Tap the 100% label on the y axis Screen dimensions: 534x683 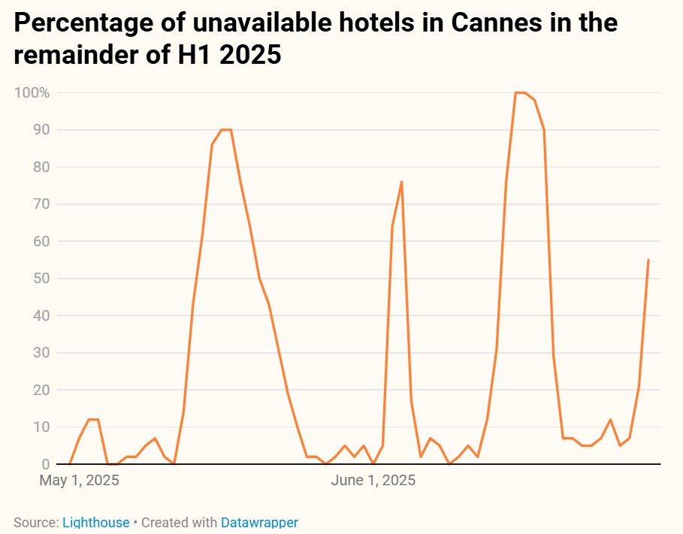[32, 93]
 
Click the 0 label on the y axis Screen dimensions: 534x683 [44, 464]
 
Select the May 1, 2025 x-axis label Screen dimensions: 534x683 [79, 480]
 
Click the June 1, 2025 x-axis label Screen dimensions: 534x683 [373, 480]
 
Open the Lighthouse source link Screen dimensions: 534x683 [95, 522]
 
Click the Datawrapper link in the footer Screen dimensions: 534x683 [259, 522]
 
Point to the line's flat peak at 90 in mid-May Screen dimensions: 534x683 [225, 130]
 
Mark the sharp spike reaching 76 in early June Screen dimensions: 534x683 [402, 182]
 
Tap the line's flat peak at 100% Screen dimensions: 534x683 [520, 92]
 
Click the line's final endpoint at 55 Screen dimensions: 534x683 [648, 260]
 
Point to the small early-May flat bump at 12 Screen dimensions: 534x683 [93, 420]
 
